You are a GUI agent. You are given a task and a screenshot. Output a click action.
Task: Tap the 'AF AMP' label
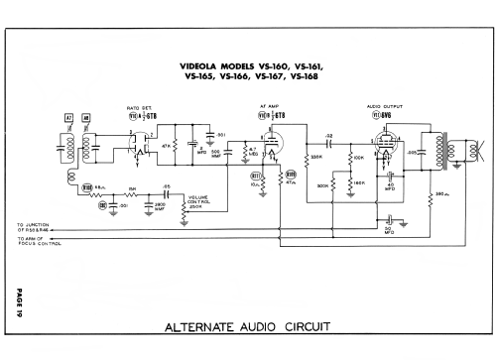(x=267, y=108)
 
